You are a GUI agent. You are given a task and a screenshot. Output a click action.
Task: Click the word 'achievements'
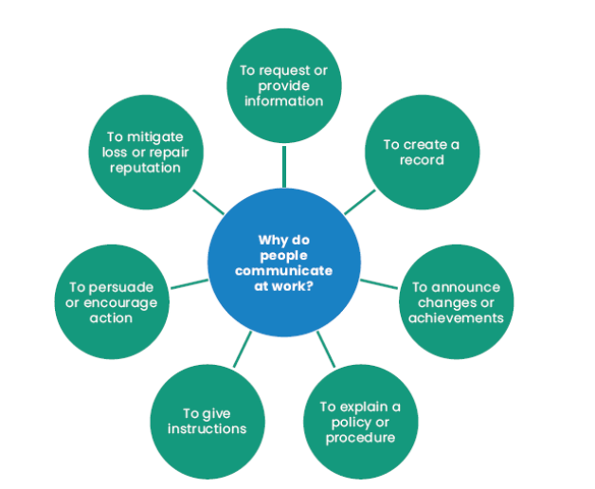456,317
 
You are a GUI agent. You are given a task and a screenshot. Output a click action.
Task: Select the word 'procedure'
360,438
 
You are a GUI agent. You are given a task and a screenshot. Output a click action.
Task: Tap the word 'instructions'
207,428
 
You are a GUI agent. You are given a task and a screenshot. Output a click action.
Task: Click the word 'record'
422,159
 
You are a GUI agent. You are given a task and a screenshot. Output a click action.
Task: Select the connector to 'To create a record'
359,201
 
